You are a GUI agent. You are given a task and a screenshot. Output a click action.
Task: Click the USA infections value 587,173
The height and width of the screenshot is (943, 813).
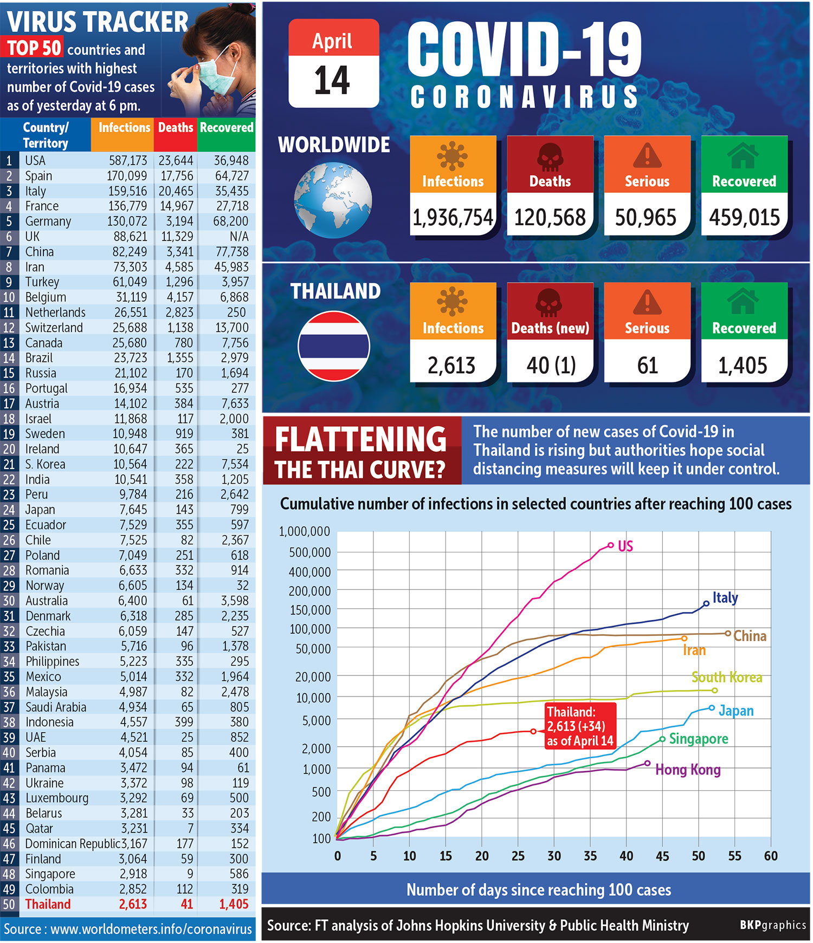(128, 161)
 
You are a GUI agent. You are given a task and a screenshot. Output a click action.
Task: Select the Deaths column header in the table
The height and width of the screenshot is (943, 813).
(175, 128)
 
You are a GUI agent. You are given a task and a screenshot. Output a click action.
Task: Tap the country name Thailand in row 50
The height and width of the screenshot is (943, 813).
(48, 904)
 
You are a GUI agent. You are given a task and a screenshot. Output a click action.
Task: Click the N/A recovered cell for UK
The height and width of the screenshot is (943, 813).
(238, 237)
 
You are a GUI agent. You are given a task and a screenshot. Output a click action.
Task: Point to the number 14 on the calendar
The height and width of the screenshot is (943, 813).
(333, 81)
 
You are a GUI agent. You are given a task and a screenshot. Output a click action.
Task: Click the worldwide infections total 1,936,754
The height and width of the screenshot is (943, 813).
(453, 218)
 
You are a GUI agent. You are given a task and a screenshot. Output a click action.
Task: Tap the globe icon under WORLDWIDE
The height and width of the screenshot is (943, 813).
(333, 200)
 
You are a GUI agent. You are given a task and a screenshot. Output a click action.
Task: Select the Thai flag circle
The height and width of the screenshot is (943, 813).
(334, 346)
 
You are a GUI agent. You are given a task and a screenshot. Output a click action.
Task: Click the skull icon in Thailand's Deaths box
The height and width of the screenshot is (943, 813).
(549, 302)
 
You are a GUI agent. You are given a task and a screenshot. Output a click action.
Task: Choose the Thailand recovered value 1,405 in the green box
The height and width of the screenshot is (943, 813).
(743, 366)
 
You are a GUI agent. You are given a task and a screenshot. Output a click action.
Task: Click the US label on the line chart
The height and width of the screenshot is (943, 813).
(625, 546)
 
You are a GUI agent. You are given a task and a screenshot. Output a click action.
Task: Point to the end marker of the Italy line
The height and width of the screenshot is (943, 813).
(706, 603)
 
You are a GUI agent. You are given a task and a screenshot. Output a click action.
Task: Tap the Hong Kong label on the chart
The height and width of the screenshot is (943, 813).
(687, 770)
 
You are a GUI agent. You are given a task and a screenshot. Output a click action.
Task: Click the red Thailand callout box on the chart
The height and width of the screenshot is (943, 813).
(580, 726)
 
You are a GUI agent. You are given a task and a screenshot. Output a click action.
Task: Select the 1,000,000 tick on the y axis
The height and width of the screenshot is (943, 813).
(304, 531)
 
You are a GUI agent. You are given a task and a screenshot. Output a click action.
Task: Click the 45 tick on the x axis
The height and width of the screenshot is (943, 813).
(662, 856)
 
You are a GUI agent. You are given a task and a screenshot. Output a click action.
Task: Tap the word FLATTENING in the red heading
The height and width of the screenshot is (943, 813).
(360, 439)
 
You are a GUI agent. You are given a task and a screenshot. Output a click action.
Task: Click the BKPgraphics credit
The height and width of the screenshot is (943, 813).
(772, 925)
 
